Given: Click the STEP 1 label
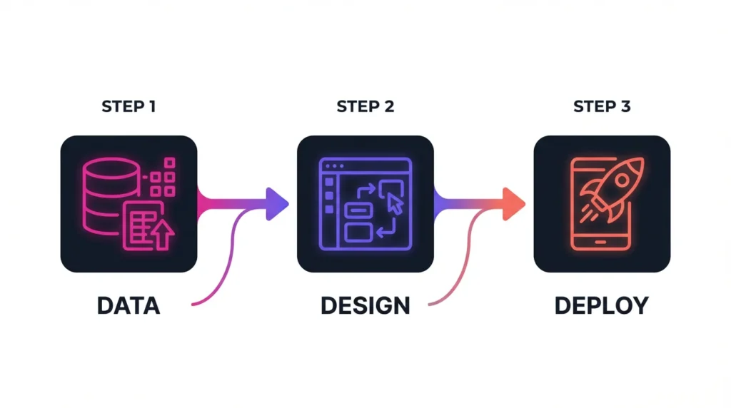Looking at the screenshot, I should (128, 107).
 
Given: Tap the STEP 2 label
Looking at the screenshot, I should (365, 107).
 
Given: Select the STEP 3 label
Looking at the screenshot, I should (602, 107).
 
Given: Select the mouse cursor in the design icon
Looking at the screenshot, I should (395, 205).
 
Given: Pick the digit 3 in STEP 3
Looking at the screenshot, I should (625, 107).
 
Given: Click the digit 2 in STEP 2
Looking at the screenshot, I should (388, 107).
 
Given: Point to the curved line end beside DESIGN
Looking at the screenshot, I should (429, 305).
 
